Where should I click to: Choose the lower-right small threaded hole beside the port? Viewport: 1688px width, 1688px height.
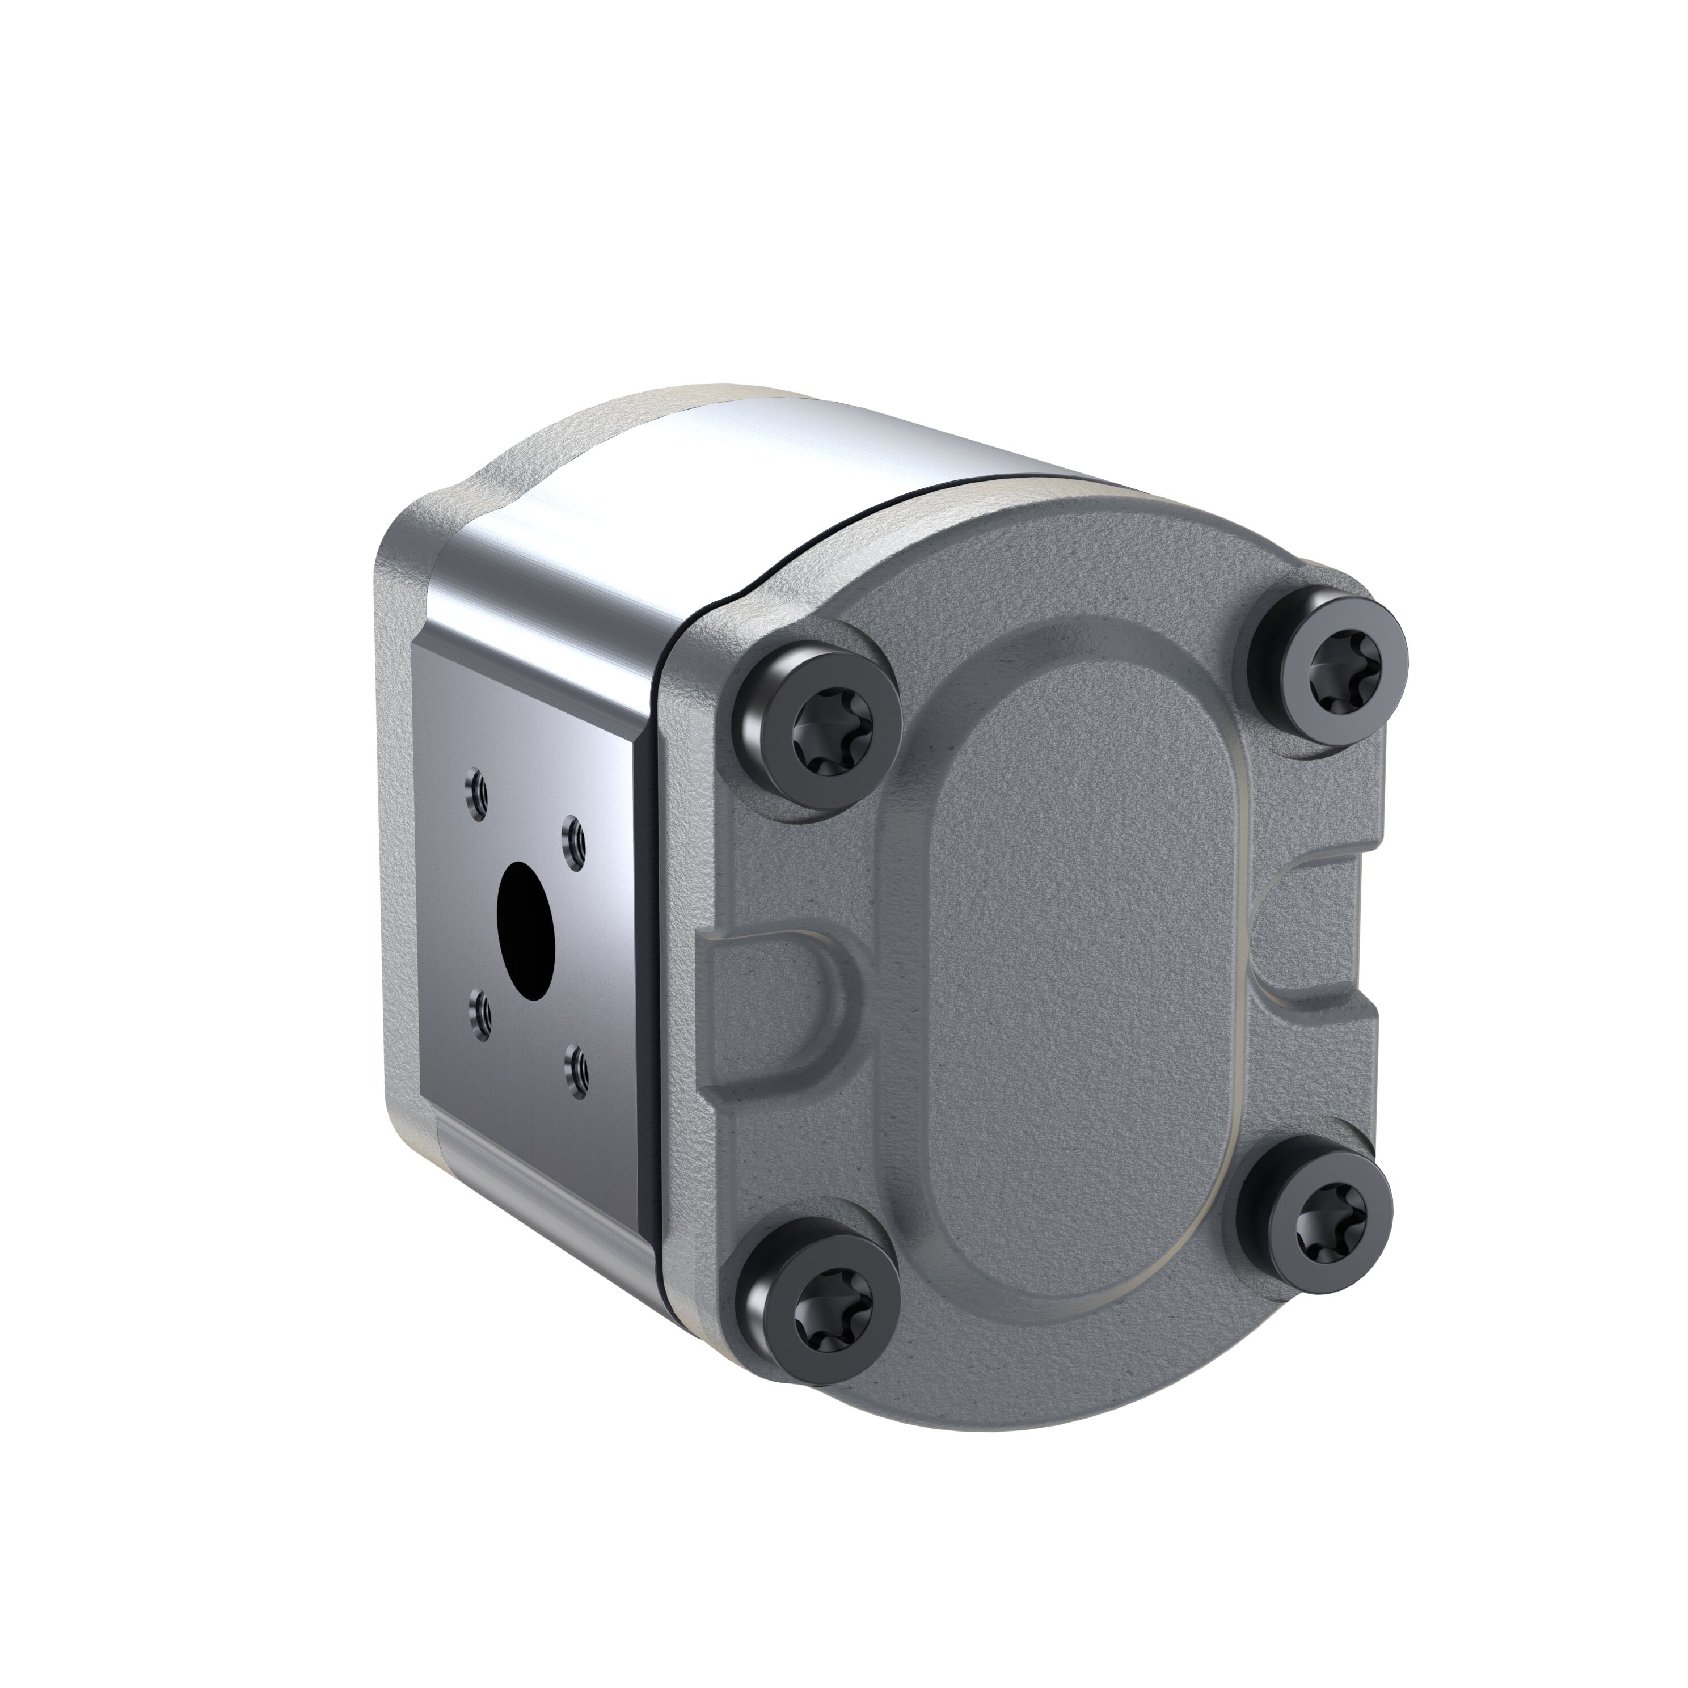(576, 1066)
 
